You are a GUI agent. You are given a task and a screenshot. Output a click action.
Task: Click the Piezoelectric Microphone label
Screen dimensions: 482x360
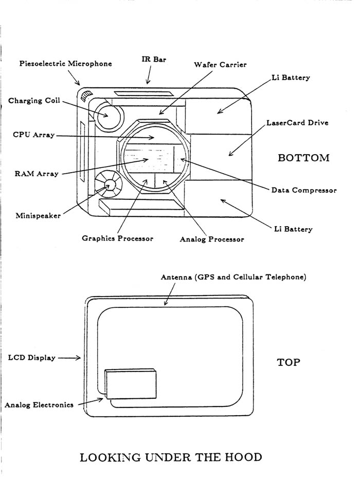[x=65, y=64]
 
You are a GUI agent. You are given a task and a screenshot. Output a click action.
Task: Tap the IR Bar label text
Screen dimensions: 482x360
[x=154, y=60]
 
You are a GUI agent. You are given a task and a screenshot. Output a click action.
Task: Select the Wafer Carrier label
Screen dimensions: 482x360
[x=220, y=65]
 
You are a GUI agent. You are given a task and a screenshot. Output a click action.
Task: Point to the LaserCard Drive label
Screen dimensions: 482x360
[x=297, y=123]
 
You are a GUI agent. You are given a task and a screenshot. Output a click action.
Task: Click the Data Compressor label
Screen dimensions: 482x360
[x=304, y=190]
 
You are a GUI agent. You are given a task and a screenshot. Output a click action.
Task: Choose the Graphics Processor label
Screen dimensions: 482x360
[x=117, y=238]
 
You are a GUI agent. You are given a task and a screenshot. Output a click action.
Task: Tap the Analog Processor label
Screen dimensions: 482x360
[x=211, y=239]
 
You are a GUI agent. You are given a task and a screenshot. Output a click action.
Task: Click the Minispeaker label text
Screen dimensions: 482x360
[x=38, y=215]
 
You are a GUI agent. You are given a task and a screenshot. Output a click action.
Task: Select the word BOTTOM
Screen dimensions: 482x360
[x=303, y=158]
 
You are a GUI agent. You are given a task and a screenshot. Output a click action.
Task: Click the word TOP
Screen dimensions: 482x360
[x=289, y=362]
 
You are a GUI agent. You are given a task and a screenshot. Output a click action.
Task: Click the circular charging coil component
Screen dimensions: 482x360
[x=109, y=114]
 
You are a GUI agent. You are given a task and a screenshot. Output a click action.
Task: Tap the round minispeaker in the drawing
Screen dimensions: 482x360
[x=109, y=184]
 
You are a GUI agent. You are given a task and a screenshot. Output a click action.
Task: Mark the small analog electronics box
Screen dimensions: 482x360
[x=130, y=384]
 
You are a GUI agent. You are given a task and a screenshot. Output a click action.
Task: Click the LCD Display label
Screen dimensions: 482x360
[x=31, y=358]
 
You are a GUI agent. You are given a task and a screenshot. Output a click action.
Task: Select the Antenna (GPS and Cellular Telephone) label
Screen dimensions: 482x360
[x=233, y=277]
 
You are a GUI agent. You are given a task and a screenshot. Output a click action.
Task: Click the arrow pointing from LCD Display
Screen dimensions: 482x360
[x=69, y=358]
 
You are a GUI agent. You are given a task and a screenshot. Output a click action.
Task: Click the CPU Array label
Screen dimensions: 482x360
[x=33, y=135]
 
